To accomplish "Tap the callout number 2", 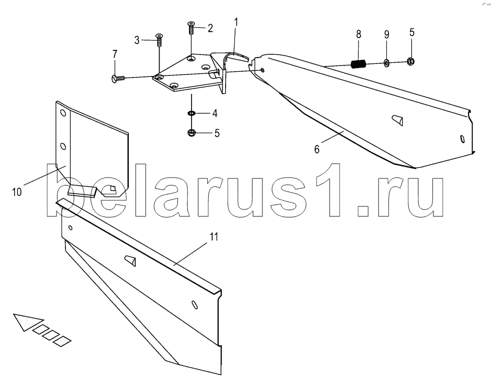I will click(210, 28).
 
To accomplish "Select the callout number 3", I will click(137, 40).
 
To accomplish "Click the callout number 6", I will click(317, 149).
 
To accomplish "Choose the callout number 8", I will click(358, 35).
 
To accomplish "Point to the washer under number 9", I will click(386, 63).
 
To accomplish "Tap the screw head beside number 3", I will click(159, 36).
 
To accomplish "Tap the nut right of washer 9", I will click(411, 61).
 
